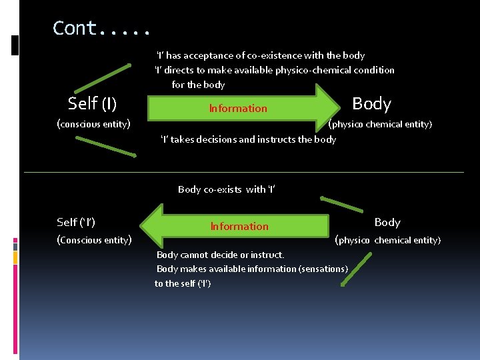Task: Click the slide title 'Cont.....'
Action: point(102,29)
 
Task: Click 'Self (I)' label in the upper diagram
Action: point(93,103)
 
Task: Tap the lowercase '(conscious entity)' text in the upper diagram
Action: point(93,123)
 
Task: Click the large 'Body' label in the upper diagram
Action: point(371,103)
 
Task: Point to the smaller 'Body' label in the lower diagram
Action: point(387,222)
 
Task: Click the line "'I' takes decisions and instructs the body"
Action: point(248,139)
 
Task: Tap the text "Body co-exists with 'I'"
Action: point(227,189)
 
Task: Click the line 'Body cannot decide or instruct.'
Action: point(220,255)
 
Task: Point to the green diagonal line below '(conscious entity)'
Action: point(105,147)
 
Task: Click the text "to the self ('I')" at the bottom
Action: point(183,283)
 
